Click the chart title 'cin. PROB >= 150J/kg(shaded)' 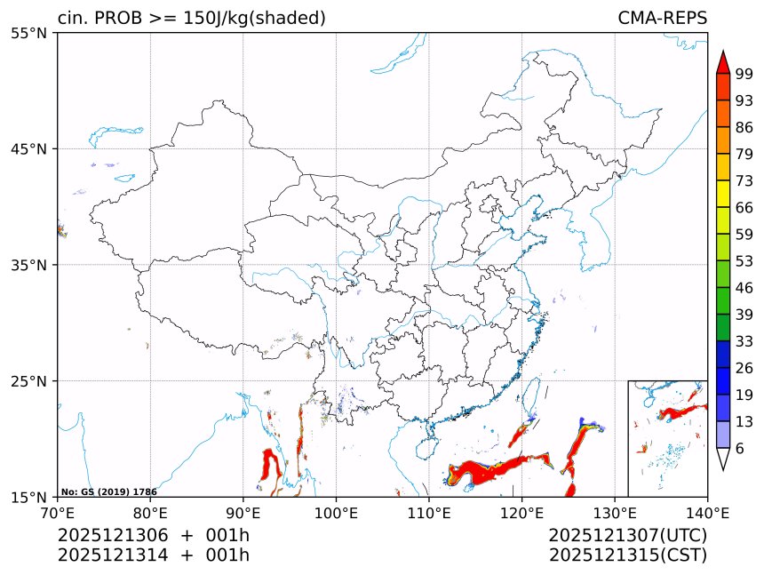pos(191,19)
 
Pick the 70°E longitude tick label pos(58,512)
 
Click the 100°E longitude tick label pos(336,512)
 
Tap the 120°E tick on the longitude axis pos(521,512)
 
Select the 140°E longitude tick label pos(707,512)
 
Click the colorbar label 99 pos(744,74)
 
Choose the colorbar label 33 pos(744,341)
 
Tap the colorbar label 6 pos(740,449)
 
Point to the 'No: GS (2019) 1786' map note pos(108,491)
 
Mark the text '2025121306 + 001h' pos(153,536)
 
